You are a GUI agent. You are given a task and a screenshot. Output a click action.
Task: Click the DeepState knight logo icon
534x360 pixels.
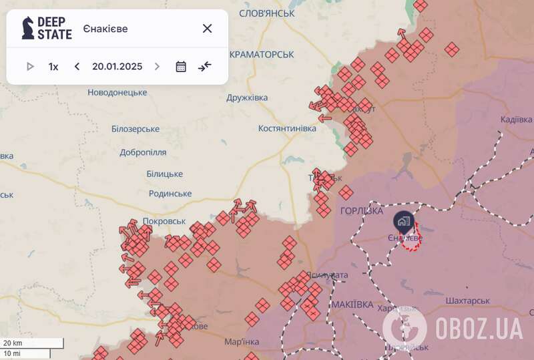pos(27,28)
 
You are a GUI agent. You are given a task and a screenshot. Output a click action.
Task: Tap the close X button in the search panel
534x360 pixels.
pos(207,28)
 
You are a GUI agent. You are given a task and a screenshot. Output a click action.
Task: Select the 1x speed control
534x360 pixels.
pos(53,67)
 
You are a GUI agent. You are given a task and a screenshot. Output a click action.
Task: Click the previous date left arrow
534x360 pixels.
pos(77,67)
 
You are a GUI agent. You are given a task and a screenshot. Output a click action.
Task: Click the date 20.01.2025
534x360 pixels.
pos(117,67)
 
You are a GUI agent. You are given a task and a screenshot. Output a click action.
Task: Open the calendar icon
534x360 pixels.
pos(181,67)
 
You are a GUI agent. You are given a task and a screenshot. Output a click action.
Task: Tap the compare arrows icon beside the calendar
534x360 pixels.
pos(204,67)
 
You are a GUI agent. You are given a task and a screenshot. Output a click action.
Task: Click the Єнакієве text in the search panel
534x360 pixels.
pos(105,29)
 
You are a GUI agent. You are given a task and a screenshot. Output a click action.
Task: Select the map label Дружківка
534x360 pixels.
pos(247,98)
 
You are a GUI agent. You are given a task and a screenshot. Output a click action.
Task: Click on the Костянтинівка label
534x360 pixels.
pos(287,128)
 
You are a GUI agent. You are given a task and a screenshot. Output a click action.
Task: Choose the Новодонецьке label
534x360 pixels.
pos(117,92)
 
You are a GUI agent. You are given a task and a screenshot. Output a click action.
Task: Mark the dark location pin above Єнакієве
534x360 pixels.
pos(404,220)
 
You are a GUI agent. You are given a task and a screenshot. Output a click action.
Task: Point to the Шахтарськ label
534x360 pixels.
pos(467,301)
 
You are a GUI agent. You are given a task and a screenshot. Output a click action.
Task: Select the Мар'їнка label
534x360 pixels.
pos(242,342)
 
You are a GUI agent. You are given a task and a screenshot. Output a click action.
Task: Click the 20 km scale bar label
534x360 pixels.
pos(13,343)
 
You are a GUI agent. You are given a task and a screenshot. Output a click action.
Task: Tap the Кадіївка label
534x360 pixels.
pos(516,120)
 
